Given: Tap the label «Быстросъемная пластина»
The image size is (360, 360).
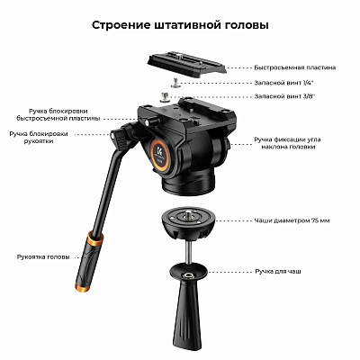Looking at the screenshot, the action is [295, 67].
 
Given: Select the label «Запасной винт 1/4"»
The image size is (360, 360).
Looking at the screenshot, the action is [284, 82].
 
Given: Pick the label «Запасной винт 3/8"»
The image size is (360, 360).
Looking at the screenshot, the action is [284, 96].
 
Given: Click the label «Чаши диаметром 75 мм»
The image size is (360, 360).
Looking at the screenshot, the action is [292, 220].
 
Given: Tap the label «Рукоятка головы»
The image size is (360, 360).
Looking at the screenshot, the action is [43, 257].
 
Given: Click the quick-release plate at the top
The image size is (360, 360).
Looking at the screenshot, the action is [186, 63].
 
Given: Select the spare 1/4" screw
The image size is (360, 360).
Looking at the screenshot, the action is [175, 82].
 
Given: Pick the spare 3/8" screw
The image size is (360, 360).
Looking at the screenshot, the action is [166, 97].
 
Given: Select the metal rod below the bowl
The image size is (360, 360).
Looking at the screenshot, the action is [188, 253].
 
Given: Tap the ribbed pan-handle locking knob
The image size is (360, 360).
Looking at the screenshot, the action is [121, 137].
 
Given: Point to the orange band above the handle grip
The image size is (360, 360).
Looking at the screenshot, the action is [94, 239].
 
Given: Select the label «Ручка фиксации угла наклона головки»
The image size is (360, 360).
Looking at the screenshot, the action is [287, 143].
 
